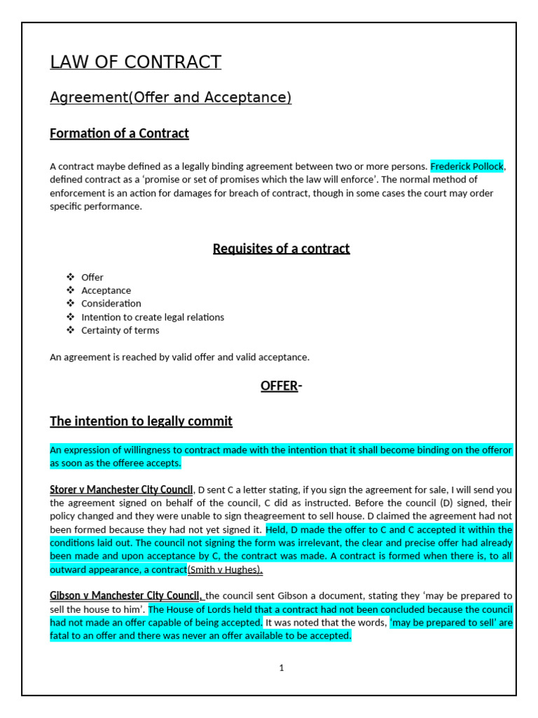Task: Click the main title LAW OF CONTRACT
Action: pyautogui.click(x=135, y=62)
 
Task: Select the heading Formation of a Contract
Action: pyautogui.click(x=119, y=133)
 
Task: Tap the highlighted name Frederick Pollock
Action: pyautogui.click(x=467, y=166)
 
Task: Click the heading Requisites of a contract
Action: pyautogui.click(x=281, y=249)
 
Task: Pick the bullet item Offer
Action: pyautogui.click(x=92, y=277)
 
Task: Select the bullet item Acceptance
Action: pyautogui.click(x=106, y=290)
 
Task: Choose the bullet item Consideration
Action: pyautogui.click(x=111, y=304)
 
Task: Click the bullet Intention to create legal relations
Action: pyautogui.click(x=153, y=317)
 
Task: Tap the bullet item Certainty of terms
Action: pyautogui.click(x=120, y=330)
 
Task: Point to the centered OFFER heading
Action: pyautogui.click(x=280, y=386)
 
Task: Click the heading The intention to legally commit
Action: pyautogui.click(x=141, y=421)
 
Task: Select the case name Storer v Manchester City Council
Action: pyautogui.click(x=121, y=489)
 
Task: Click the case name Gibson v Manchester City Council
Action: pyautogui.click(x=126, y=595)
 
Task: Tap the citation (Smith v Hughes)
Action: pyautogui.click(x=225, y=570)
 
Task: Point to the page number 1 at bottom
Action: pyautogui.click(x=281, y=668)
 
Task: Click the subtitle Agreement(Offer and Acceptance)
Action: pyautogui.click(x=170, y=98)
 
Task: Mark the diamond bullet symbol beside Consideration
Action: pyautogui.click(x=70, y=304)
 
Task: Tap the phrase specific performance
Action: pyautogui.click(x=95, y=207)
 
